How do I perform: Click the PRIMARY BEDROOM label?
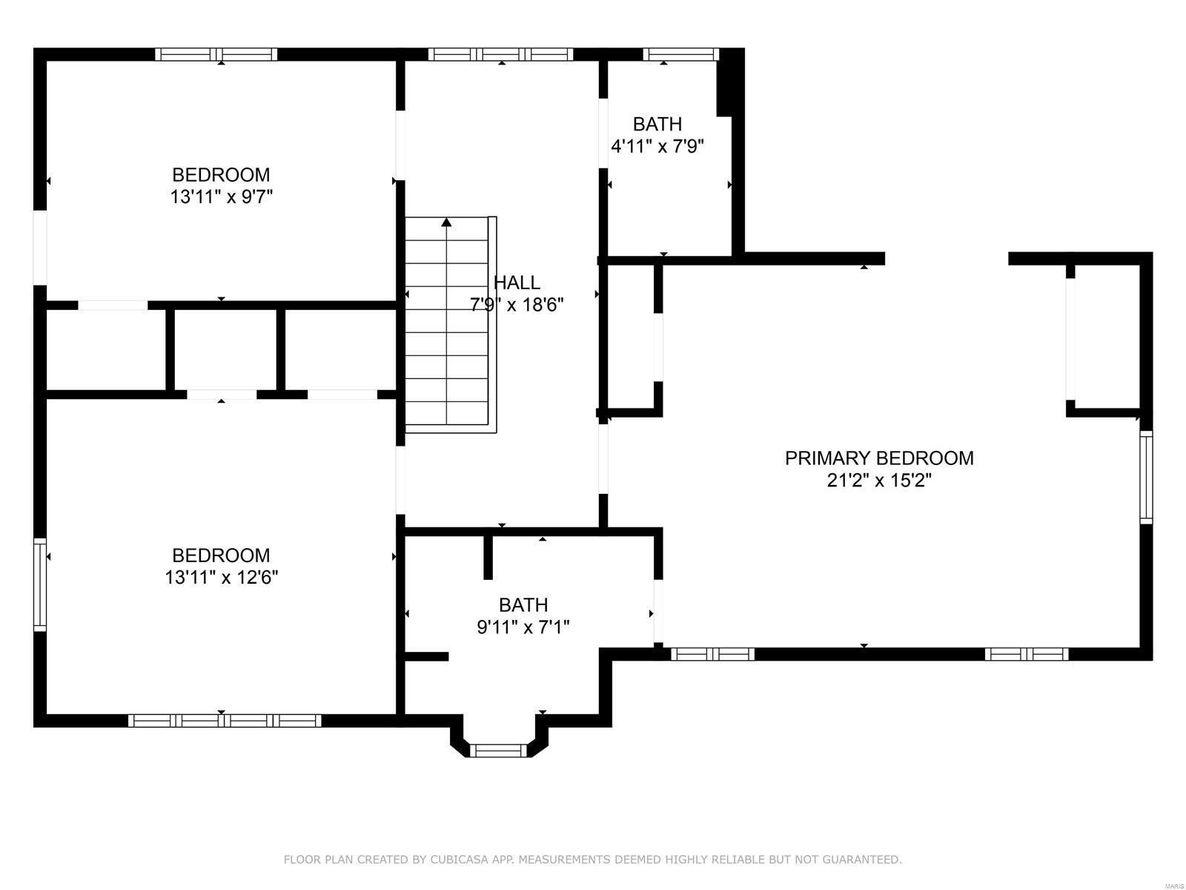(x=879, y=458)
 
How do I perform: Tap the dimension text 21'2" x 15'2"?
(x=879, y=481)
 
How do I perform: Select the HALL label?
(x=517, y=283)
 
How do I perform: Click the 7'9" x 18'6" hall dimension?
(x=517, y=305)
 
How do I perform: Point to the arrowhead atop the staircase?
(x=446, y=222)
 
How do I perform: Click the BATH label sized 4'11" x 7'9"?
(x=657, y=124)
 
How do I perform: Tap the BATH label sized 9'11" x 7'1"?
(x=523, y=605)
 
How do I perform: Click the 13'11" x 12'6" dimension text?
(x=221, y=578)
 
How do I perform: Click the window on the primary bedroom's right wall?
(x=1146, y=478)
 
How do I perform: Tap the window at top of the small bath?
(x=680, y=54)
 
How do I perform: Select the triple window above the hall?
(x=500, y=54)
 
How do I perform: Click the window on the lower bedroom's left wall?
(x=40, y=584)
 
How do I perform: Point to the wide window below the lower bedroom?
(x=225, y=720)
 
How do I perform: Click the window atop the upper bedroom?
(x=216, y=54)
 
